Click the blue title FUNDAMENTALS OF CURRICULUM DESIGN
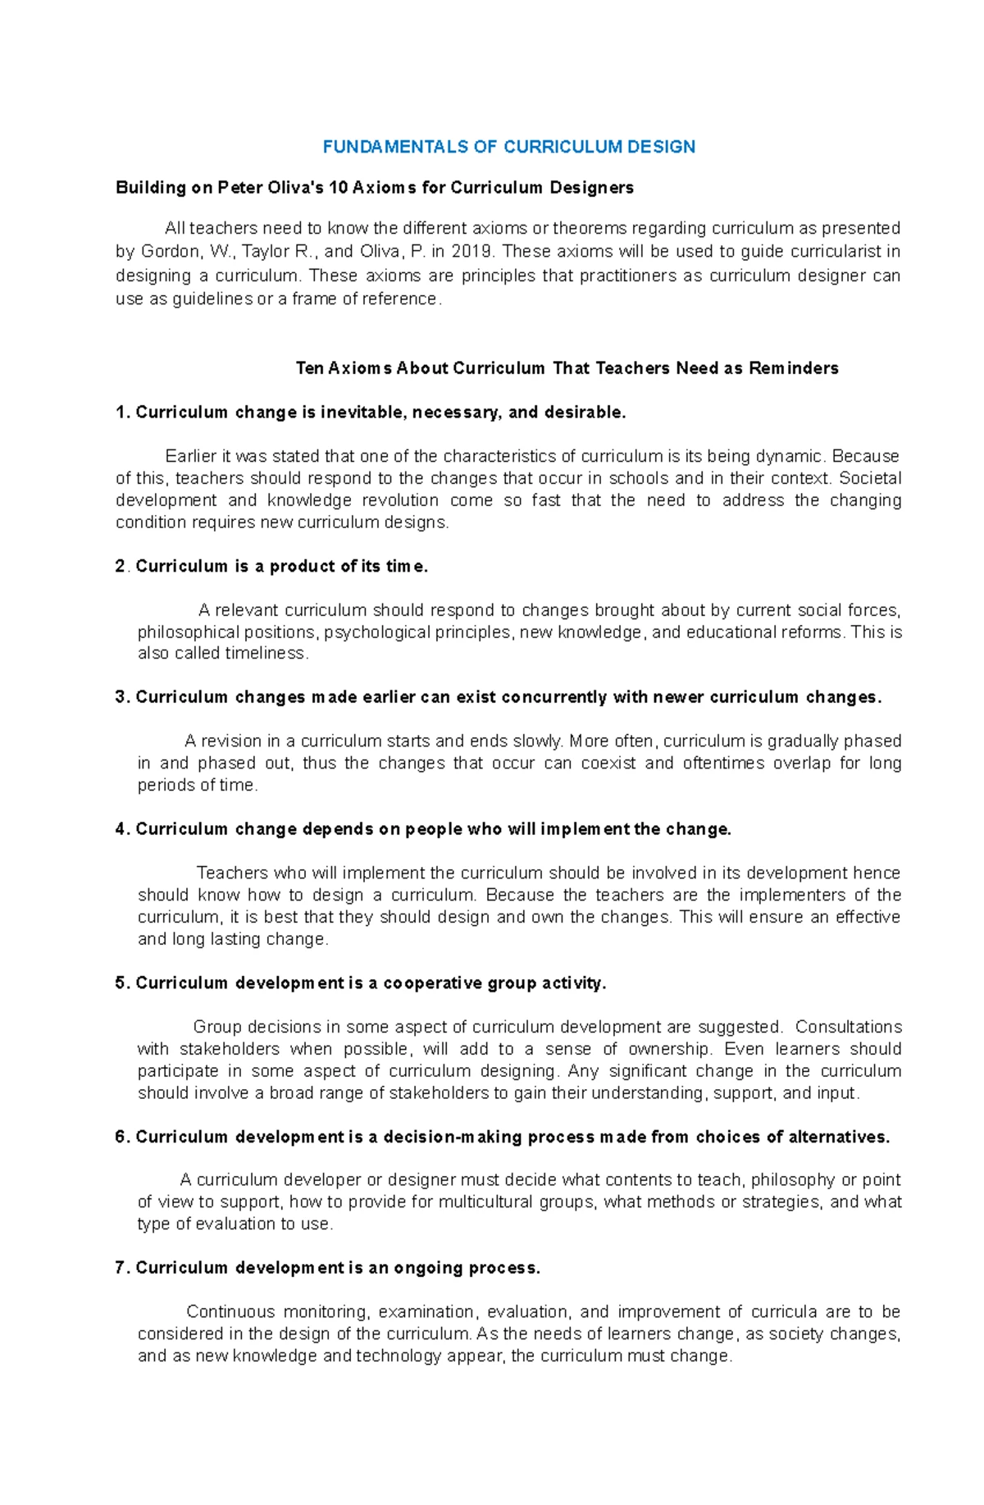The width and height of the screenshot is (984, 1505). pyautogui.click(x=508, y=147)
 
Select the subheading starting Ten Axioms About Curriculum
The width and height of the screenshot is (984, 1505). pyautogui.click(x=567, y=368)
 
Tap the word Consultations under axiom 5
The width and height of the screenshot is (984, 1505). pyautogui.click(x=848, y=1027)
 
